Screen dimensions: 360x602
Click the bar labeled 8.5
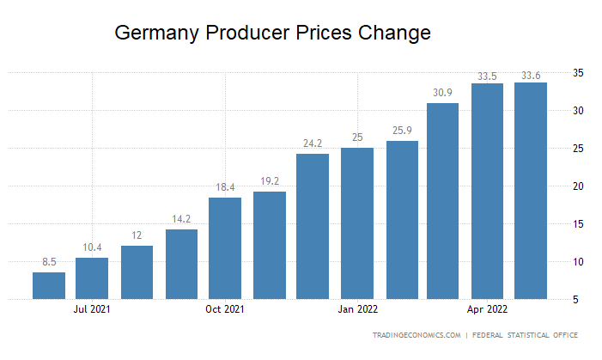tap(49, 285)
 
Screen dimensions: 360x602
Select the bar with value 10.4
tap(92, 278)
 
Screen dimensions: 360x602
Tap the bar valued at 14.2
tap(181, 264)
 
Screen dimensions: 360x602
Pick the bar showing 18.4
tap(225, 248)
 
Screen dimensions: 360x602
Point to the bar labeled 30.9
tap(442, 201)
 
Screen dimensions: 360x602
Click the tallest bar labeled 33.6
tap(530, 191)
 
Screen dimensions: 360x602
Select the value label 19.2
tap(269, 182)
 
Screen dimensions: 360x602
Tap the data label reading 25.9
tap(401, 131)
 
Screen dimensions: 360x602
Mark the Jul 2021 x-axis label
tap(92, 309)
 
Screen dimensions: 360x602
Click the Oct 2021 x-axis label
tap(225, 309)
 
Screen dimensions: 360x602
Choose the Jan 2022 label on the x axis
tap(356, 309)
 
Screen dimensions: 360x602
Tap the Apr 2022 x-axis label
tap(486, 309)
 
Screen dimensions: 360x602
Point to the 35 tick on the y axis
tap(579, 73)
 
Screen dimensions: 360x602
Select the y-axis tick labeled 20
tap(579, 186)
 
